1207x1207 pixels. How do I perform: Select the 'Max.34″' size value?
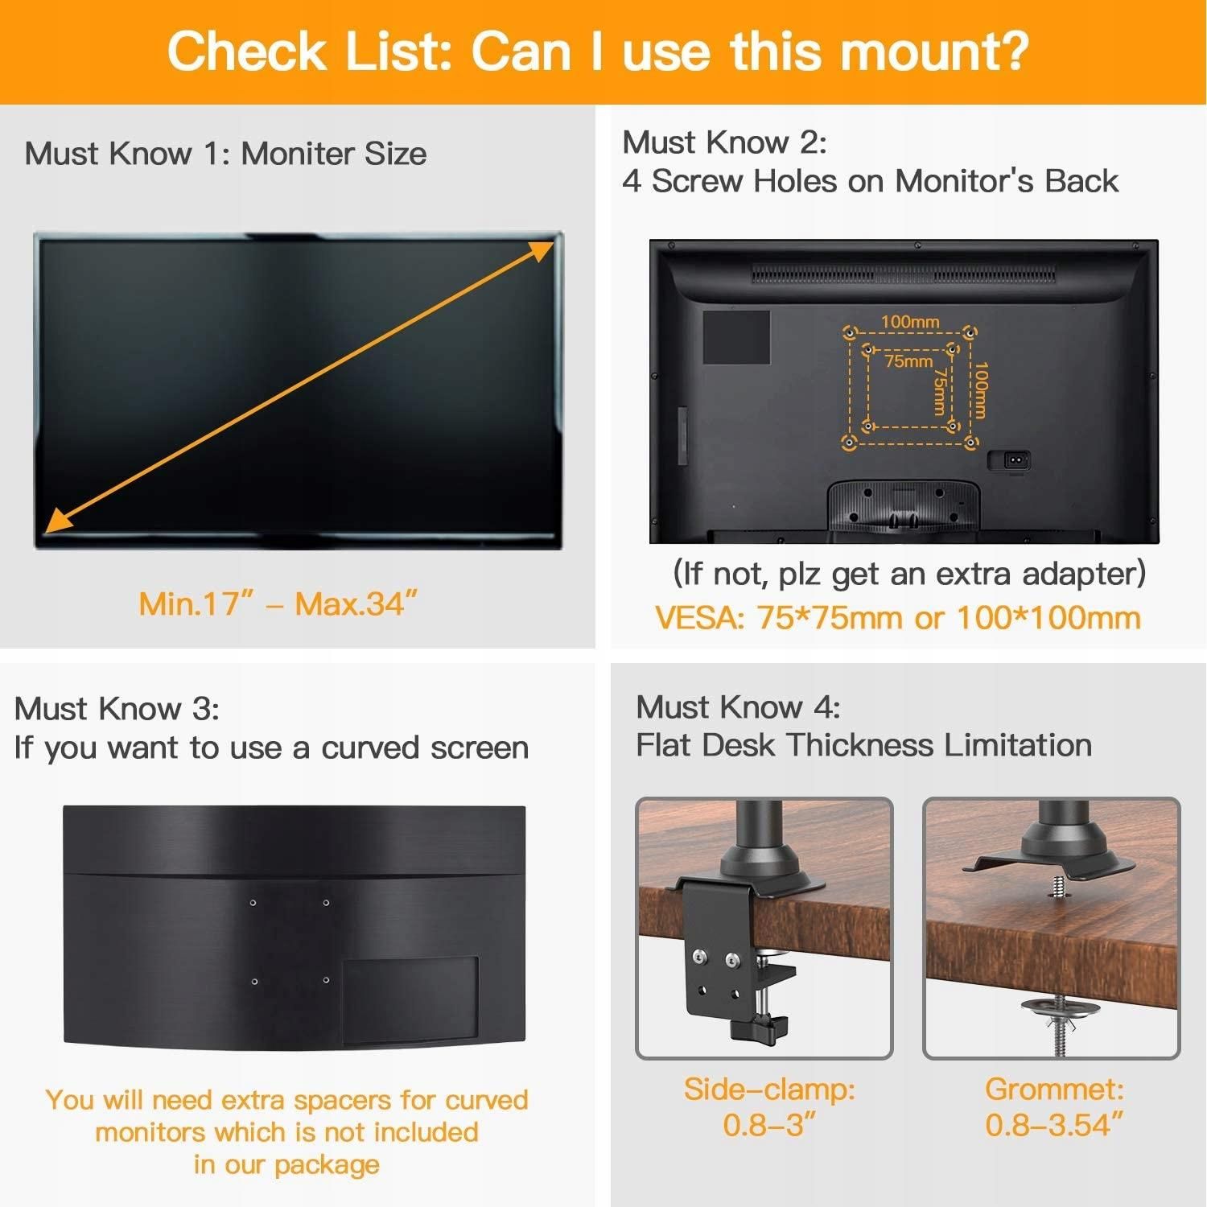tap(356, 603)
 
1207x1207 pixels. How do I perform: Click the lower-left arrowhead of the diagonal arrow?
tap(58, 520)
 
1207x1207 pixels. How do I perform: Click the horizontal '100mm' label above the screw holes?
tap(910, 322)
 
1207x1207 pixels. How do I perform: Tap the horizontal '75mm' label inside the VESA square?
tap(908, 361)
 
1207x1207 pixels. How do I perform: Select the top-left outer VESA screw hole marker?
tap(849, 332)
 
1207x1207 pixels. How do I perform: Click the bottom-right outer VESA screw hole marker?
tap(970, 441)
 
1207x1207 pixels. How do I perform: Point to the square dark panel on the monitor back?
tap(736, 337)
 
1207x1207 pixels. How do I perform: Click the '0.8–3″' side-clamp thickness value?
tap(769, 1125)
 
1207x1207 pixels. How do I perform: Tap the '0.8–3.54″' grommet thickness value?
tap(1054, 1125)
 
